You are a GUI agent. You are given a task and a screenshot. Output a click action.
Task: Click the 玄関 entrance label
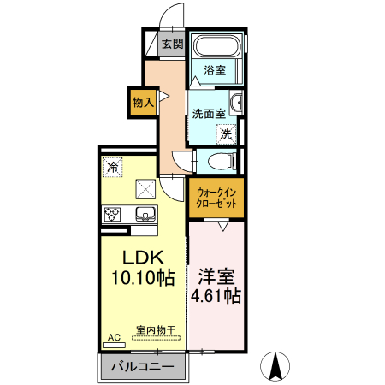(172, 44)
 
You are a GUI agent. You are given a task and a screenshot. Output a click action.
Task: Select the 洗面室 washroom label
(209, 113)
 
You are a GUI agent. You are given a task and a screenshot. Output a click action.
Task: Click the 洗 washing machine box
(225, 133)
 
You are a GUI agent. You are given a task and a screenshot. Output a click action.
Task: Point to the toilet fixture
(219, 160)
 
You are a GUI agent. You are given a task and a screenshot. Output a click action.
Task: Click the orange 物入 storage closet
(142, 102)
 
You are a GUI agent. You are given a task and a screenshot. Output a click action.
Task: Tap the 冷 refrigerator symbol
(112, 167)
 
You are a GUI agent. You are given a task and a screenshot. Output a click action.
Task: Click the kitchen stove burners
(113, 213)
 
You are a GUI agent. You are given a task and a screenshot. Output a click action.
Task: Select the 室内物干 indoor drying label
(155, 329)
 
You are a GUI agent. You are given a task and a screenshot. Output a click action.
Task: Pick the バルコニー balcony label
(144, 367)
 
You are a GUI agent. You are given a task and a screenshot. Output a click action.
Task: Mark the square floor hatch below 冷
(145, 187)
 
